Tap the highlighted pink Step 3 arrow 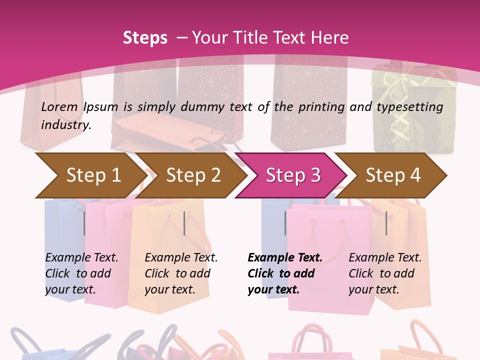pos(292,175)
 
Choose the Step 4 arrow pos(392,175)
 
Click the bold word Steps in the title pos(145,38)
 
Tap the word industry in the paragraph pos(65,125)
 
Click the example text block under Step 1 pos(81,273)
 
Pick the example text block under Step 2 pos(181,273)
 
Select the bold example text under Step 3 pos(284,273)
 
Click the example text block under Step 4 pos(385,273)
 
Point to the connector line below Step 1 pos(84,223)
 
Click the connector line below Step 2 pos(184,223)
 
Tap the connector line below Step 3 pos(285,223)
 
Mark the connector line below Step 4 pos(386,223)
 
